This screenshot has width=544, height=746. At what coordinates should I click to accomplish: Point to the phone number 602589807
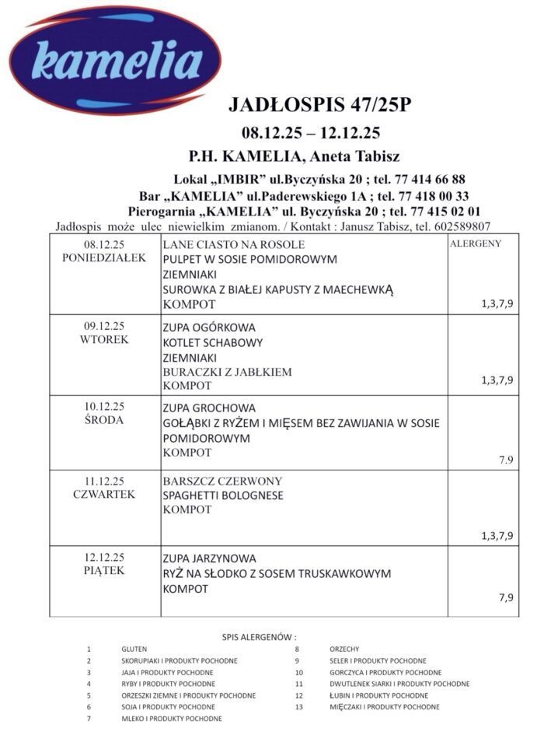[462, 226]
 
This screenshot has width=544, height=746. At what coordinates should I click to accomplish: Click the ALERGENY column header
[476, 243]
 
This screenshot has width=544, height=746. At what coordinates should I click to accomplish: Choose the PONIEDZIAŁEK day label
[104, 258]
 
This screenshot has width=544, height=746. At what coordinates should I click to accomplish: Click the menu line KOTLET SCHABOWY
[212, 342]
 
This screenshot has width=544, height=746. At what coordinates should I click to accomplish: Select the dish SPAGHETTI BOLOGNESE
[223, 495]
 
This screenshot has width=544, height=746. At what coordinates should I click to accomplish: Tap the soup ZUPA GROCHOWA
[209, 408]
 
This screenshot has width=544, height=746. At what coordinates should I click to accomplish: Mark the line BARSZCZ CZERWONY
[222, 480]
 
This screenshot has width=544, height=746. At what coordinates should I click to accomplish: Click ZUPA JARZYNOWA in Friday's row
[209, 559]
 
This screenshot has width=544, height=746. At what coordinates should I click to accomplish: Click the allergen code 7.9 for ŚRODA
[506, 460]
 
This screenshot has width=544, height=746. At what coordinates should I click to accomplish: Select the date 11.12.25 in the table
[104, 480]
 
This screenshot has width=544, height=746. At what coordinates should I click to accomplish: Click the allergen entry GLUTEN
[134, 649]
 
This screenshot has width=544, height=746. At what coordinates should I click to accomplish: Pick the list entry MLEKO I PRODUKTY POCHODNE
[171, 719]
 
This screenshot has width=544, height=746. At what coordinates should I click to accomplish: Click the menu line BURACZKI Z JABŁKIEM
[227, 372]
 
